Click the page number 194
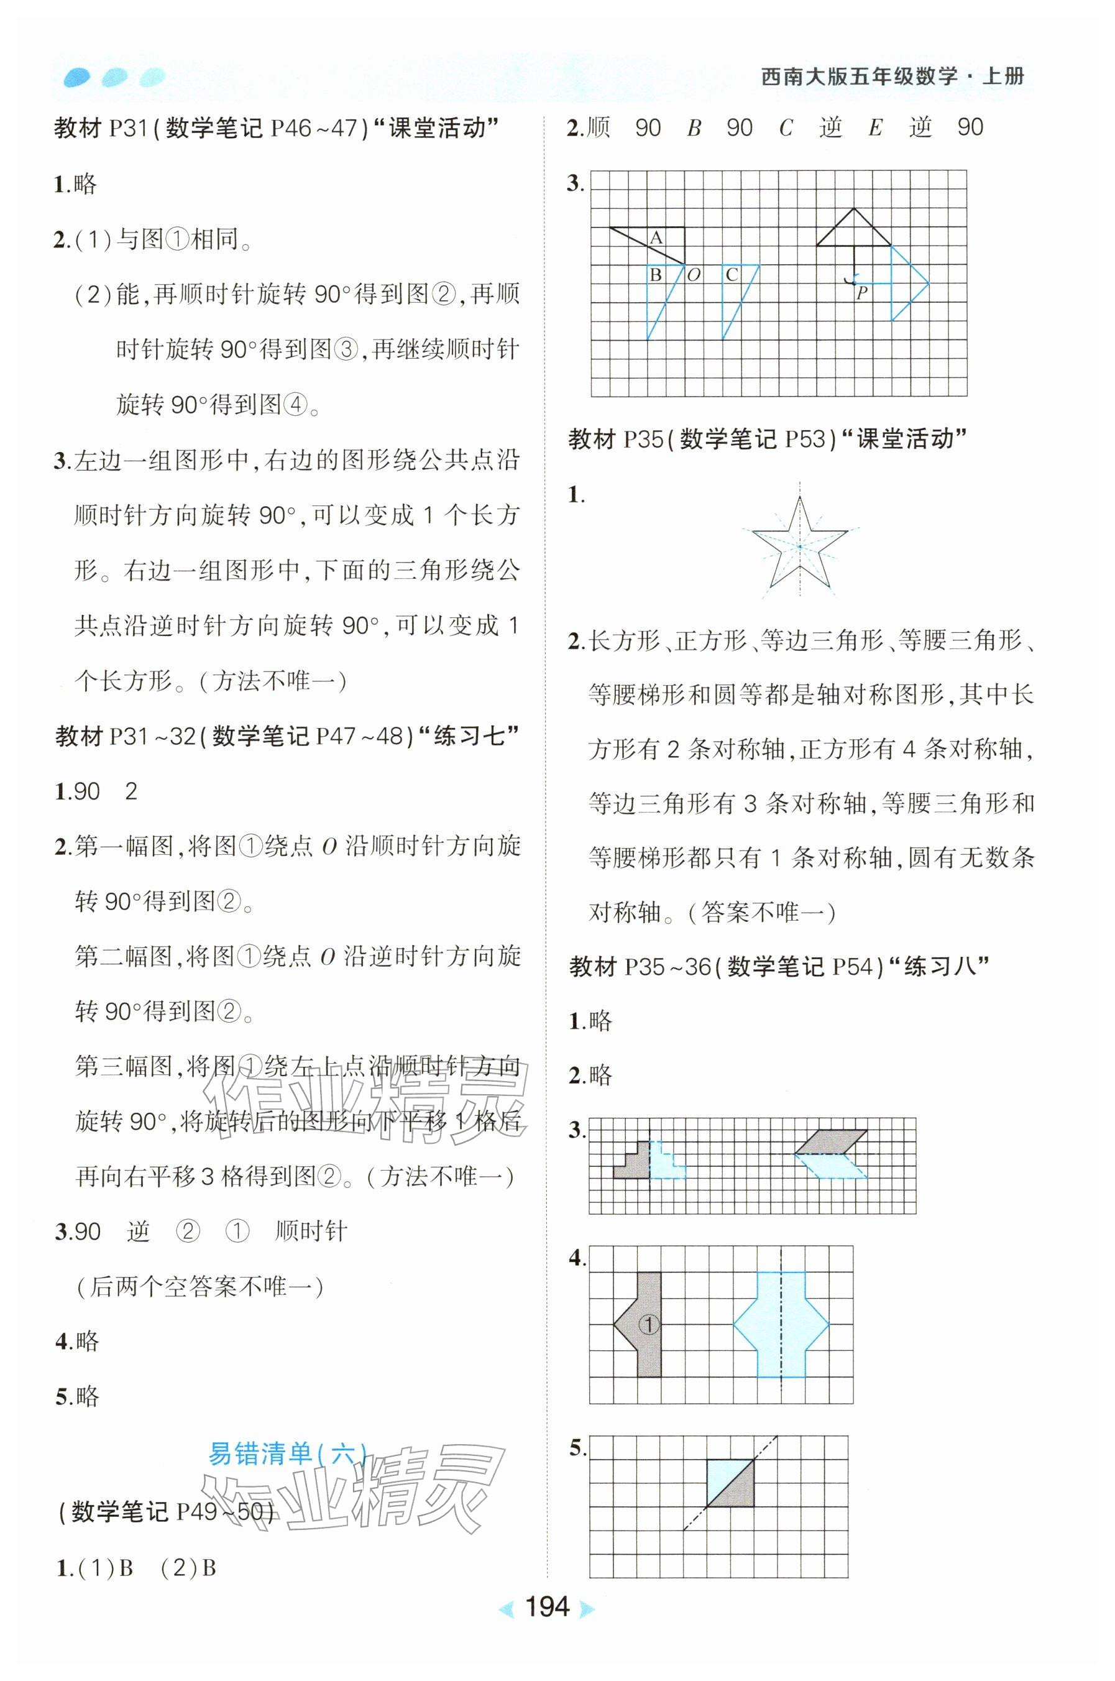click(x=546, y=1606)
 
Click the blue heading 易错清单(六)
click(x=287, y=1453)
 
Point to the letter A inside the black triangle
click(x=656, y=238)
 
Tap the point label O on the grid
click(x=694, y=275)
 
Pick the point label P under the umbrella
click(x=862, y=292)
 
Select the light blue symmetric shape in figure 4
click(x=781, y=1324)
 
